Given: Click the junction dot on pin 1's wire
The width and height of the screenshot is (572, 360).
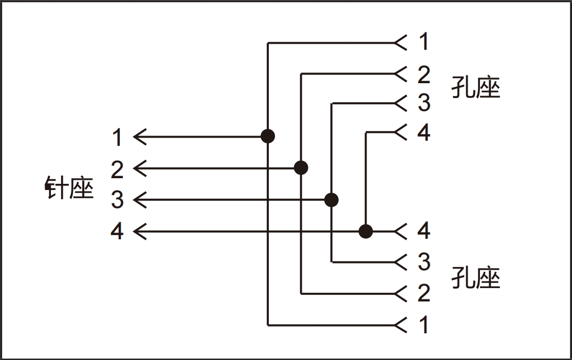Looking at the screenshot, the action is (x=268, y=136).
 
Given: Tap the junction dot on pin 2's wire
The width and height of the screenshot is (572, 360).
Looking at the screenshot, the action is (x=301, y=168).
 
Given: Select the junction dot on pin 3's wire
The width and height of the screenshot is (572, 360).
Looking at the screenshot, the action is (x=331, y=200).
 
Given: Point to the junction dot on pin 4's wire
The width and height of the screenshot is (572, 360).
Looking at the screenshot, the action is (x=365, y=231).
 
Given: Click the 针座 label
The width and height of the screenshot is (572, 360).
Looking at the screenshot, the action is (x=69, y=187).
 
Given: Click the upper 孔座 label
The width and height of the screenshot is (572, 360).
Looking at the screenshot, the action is (x=476, y=87).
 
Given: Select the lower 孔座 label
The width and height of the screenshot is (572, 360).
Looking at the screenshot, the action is (x=476, y=277).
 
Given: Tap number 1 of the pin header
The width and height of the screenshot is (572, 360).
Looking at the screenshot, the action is (x=117, y=137).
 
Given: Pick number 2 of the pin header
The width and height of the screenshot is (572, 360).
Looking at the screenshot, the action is (x=117, y=169).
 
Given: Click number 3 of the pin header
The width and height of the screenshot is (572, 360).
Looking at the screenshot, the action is (x=117, y=200).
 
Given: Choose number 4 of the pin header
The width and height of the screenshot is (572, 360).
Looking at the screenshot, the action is (x=117, y=231).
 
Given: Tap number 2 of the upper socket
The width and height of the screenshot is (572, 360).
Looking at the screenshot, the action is (x=424, y=74).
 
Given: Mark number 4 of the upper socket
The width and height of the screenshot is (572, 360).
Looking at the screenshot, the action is (x=424, y=132).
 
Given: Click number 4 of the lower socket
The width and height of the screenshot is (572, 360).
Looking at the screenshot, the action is (x=424, y=230).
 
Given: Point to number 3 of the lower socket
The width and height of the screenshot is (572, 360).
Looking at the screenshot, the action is (x=424, y=261).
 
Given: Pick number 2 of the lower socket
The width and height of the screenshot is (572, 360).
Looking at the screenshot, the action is (x=424, y=293).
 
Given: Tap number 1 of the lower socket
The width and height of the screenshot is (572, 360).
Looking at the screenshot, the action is (x=424, y=324).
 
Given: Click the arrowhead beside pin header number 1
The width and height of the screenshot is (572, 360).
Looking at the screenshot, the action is (x=140, y=137).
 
